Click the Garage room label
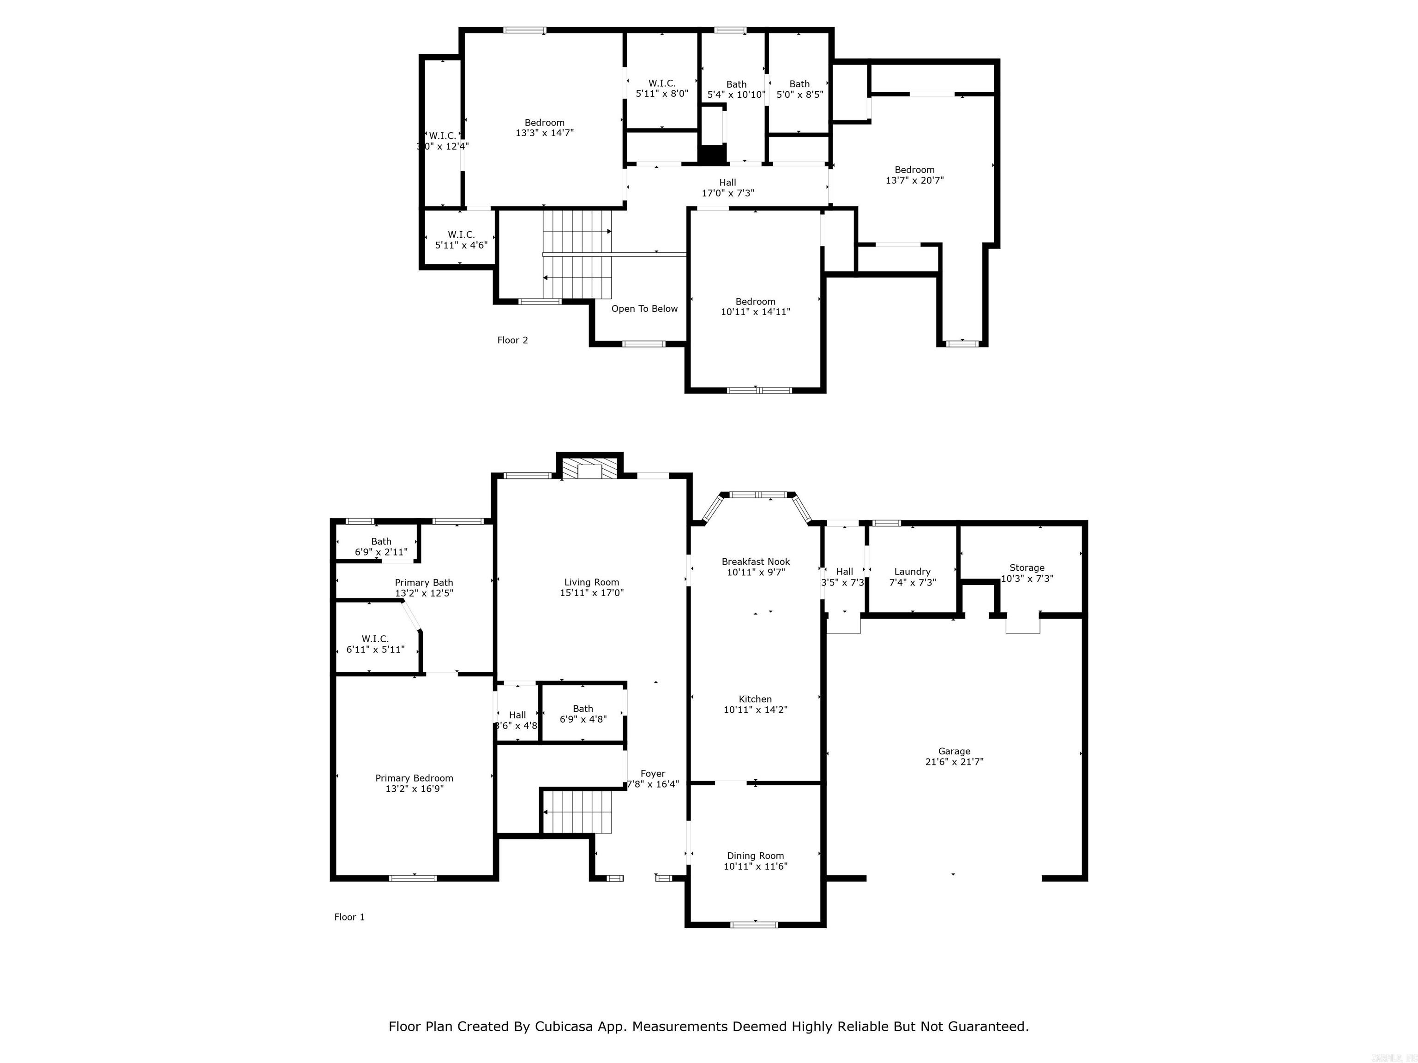(954, 751)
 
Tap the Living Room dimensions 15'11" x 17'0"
(591, 593)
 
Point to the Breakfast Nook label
(756, 561)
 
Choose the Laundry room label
(912, 572)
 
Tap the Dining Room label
(755, 855)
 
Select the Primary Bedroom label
(414, 778)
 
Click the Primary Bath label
(424, 582)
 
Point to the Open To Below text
(644, 309)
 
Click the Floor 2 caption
(512, 340)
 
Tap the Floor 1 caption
(349, 917)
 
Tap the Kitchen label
(755, 699)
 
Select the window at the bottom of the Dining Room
(755, 924)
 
